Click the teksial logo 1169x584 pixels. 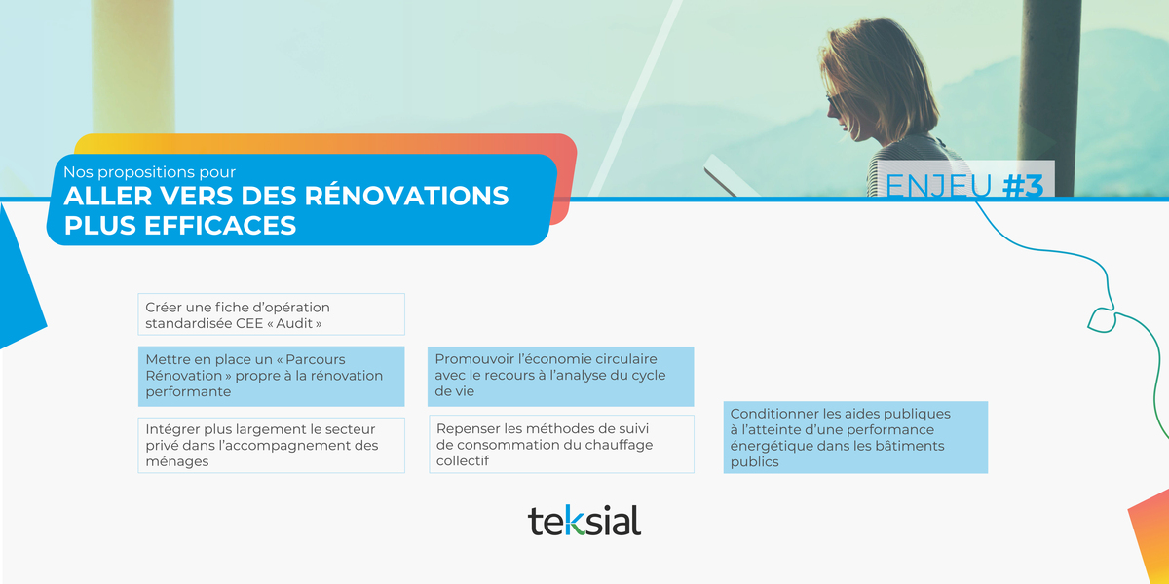(584, 521)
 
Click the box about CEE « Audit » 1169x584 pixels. (271, 314)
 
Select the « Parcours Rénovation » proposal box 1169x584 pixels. (271, 376)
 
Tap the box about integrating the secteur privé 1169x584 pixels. (271, 445)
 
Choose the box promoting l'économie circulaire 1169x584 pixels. (560, 376)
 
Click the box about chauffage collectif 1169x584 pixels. (561, 445)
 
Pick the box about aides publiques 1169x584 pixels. (855, 438)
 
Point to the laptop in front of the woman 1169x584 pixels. (726, 175)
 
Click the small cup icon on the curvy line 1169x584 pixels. (1101, 319)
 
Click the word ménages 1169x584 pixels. (176, 461)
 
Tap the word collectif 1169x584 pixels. (462, 460)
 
